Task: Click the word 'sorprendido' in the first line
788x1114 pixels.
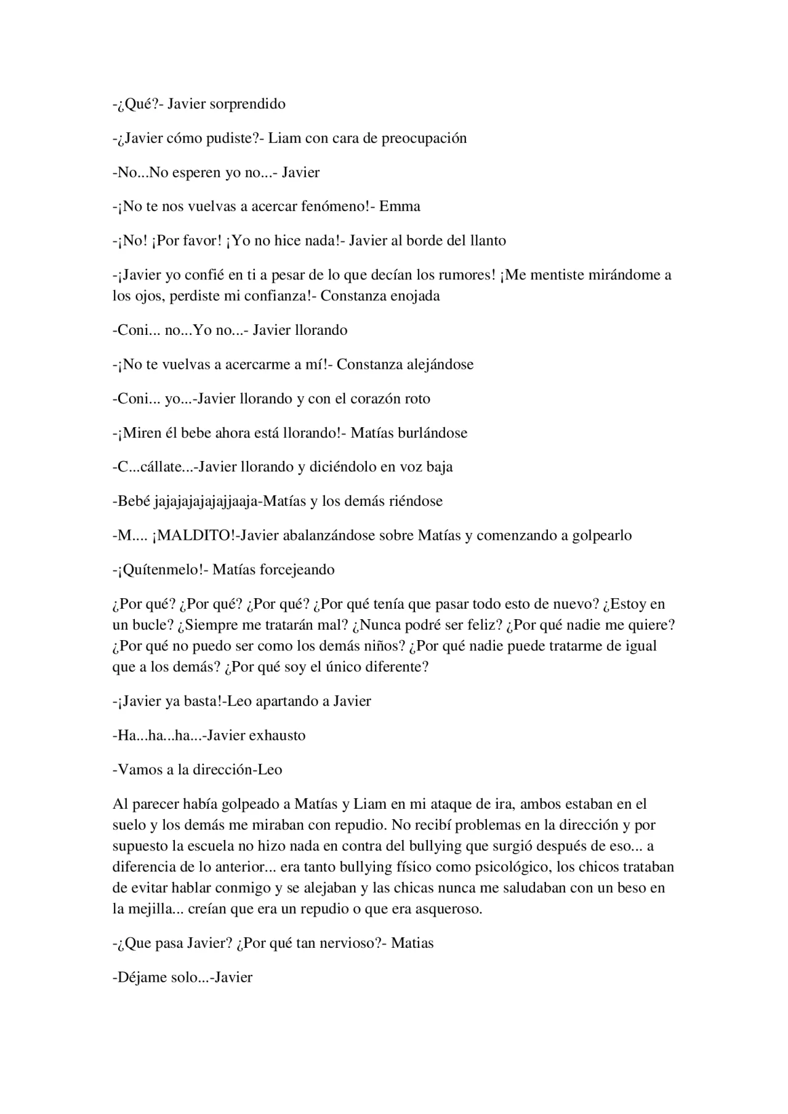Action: click(247, 104)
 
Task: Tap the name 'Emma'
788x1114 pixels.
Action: click(400, 206)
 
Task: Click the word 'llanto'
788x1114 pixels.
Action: click(488, 241)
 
